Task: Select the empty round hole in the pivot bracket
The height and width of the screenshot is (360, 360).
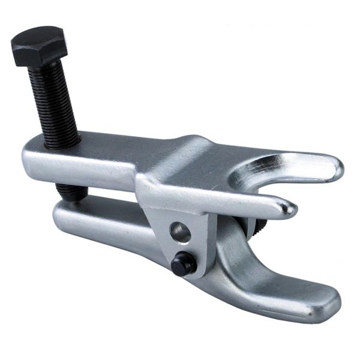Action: [179, 231]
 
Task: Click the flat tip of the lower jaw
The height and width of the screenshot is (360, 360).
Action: [324, 306]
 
